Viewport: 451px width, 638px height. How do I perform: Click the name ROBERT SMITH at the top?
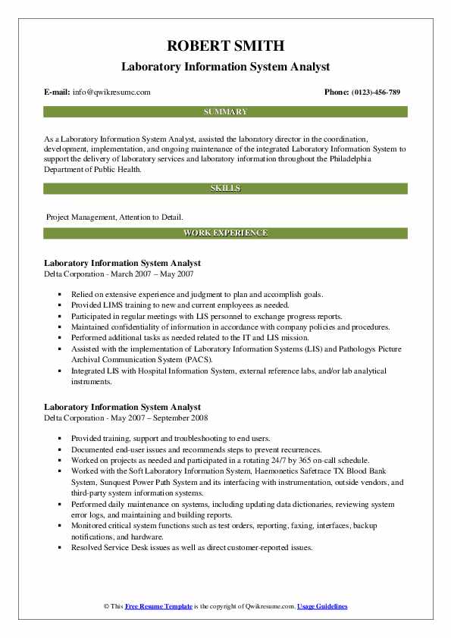225,45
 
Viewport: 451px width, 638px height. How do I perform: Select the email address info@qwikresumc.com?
111,92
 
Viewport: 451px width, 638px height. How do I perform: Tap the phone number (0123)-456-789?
374,92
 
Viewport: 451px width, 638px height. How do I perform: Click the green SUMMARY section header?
225,111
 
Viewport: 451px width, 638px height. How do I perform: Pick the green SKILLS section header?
225,187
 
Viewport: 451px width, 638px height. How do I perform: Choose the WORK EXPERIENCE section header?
225,233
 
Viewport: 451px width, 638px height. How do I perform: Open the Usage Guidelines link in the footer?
322,607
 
